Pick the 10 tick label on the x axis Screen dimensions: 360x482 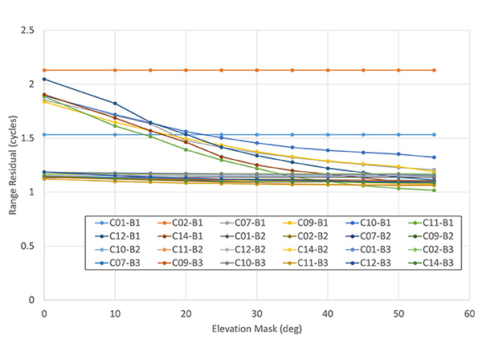(115, 313)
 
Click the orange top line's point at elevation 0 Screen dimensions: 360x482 (44, 70)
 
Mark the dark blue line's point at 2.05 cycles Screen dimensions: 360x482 (44, 79)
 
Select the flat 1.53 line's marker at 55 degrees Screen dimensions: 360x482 (435, 134)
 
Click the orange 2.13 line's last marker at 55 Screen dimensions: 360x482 (435, 70)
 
